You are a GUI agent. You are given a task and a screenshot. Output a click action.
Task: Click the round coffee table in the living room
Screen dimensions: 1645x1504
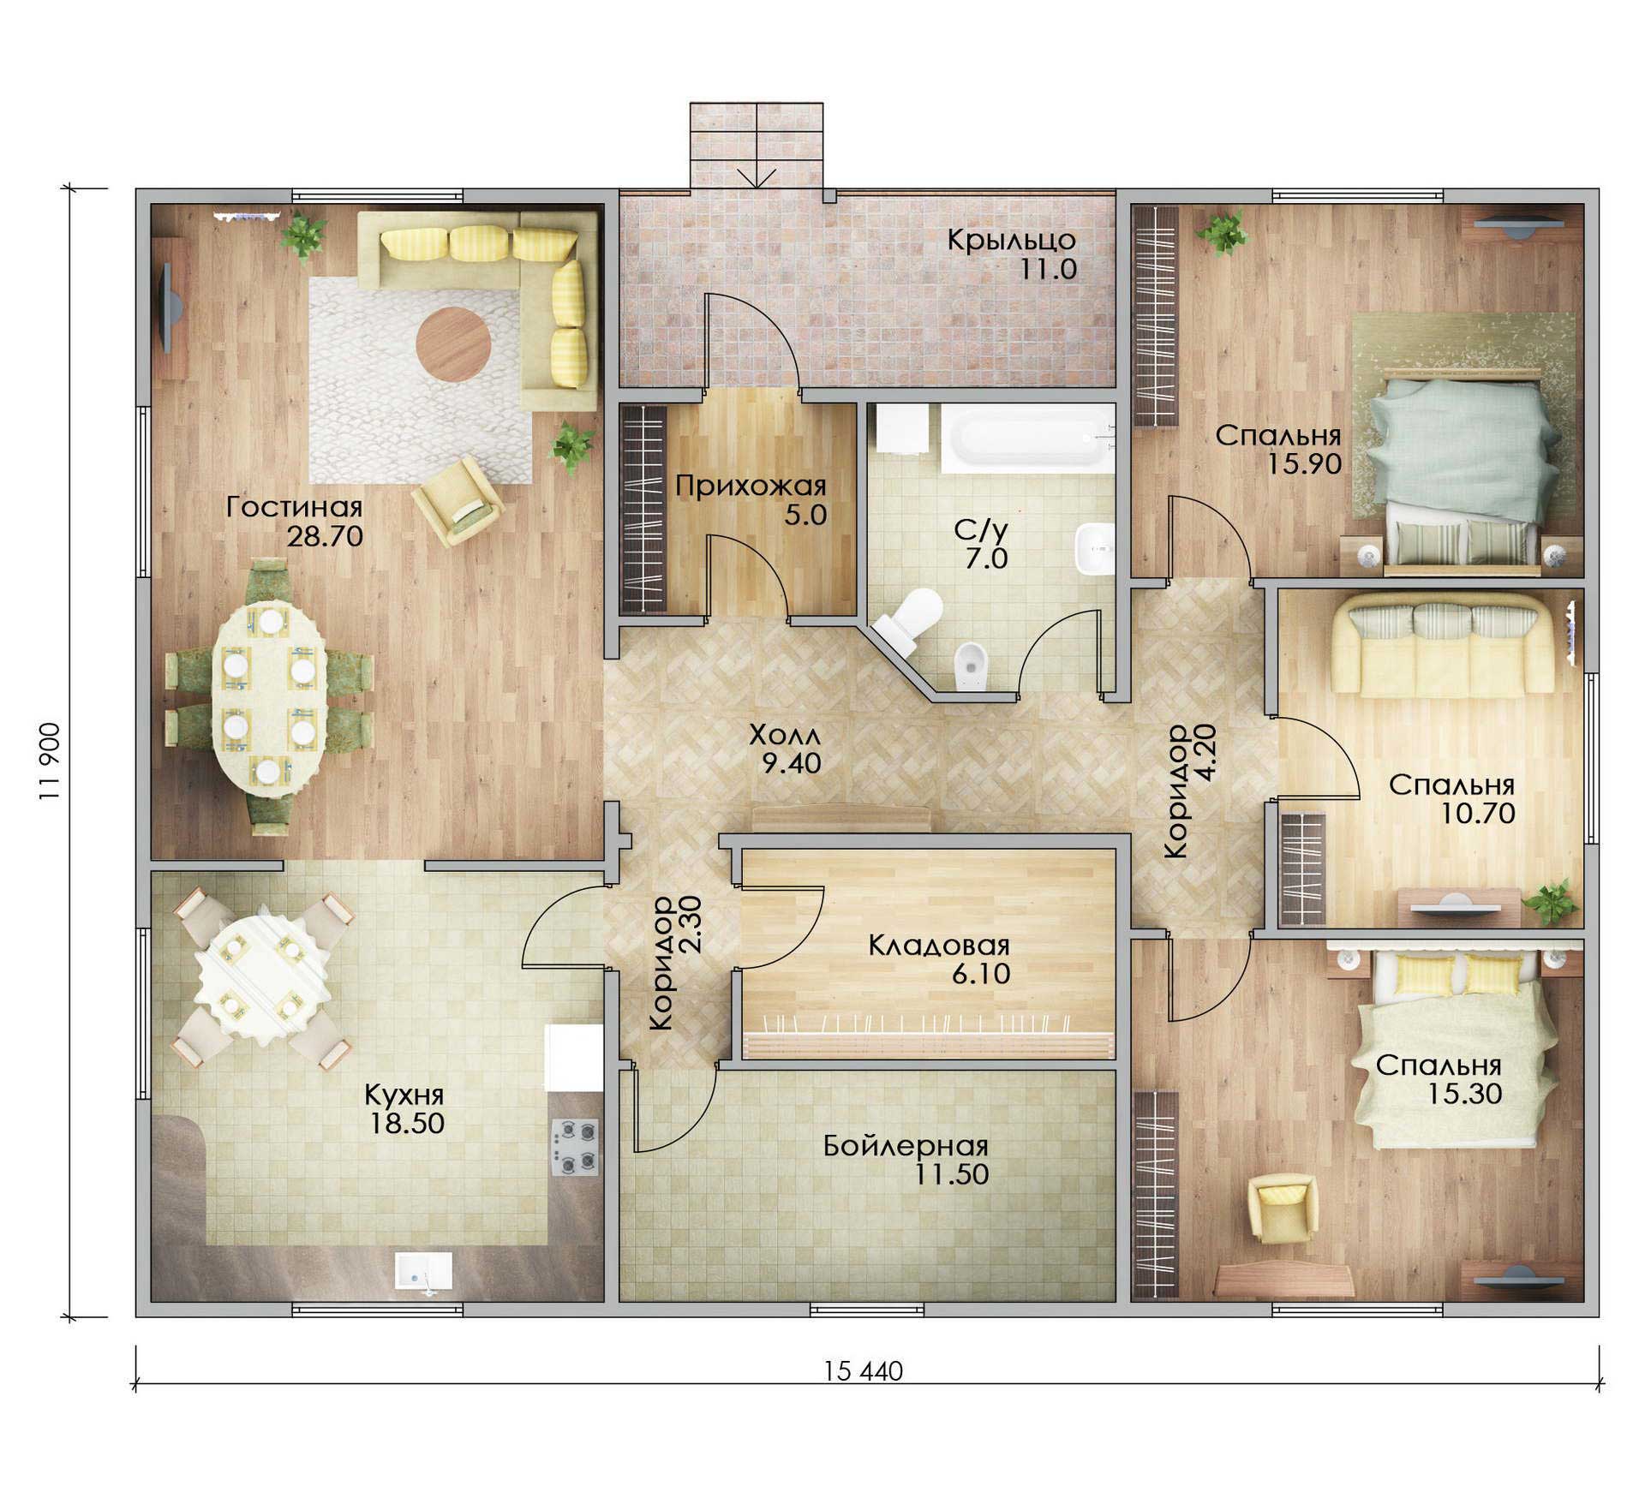(x=454, y=344)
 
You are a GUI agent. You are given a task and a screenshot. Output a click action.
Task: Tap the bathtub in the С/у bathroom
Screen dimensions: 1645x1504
(x=1028, y=439)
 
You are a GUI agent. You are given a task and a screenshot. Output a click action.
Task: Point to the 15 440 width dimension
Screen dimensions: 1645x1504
(x=864, y=1372)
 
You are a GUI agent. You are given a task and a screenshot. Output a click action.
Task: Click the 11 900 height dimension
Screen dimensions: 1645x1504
(x=49, y=761)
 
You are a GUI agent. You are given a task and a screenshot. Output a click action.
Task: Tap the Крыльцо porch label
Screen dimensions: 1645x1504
(x=1011, y=240)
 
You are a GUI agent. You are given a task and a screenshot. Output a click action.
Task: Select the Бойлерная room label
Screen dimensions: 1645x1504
(x=906, y=1146)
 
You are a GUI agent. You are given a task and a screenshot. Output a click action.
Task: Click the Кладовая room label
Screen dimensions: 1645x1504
(x=939, y=946)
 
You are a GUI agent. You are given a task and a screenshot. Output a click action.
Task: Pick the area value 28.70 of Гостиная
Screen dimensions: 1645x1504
(x=325, y=537)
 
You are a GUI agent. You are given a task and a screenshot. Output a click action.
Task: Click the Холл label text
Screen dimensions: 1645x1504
(x=785, y=735)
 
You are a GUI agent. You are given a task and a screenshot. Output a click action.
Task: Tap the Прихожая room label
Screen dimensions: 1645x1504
(x=751, y=486)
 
